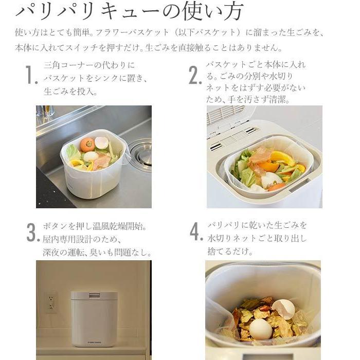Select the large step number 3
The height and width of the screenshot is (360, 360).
coord(33,233)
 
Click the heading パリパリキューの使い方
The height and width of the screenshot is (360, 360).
coord(129,11)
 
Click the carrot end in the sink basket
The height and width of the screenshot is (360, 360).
coord(87,145)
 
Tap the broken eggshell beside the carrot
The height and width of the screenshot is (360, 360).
coord(102,142)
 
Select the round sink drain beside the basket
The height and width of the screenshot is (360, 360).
coord(141,151)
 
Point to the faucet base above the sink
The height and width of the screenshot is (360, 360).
coord(45,112)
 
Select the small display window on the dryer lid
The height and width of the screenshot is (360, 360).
coord(95,296)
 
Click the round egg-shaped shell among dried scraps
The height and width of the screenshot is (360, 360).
coord(261,329)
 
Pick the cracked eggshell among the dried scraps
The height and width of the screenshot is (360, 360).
coord(283,308)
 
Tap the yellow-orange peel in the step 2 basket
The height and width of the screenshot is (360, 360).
coord(284,157)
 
